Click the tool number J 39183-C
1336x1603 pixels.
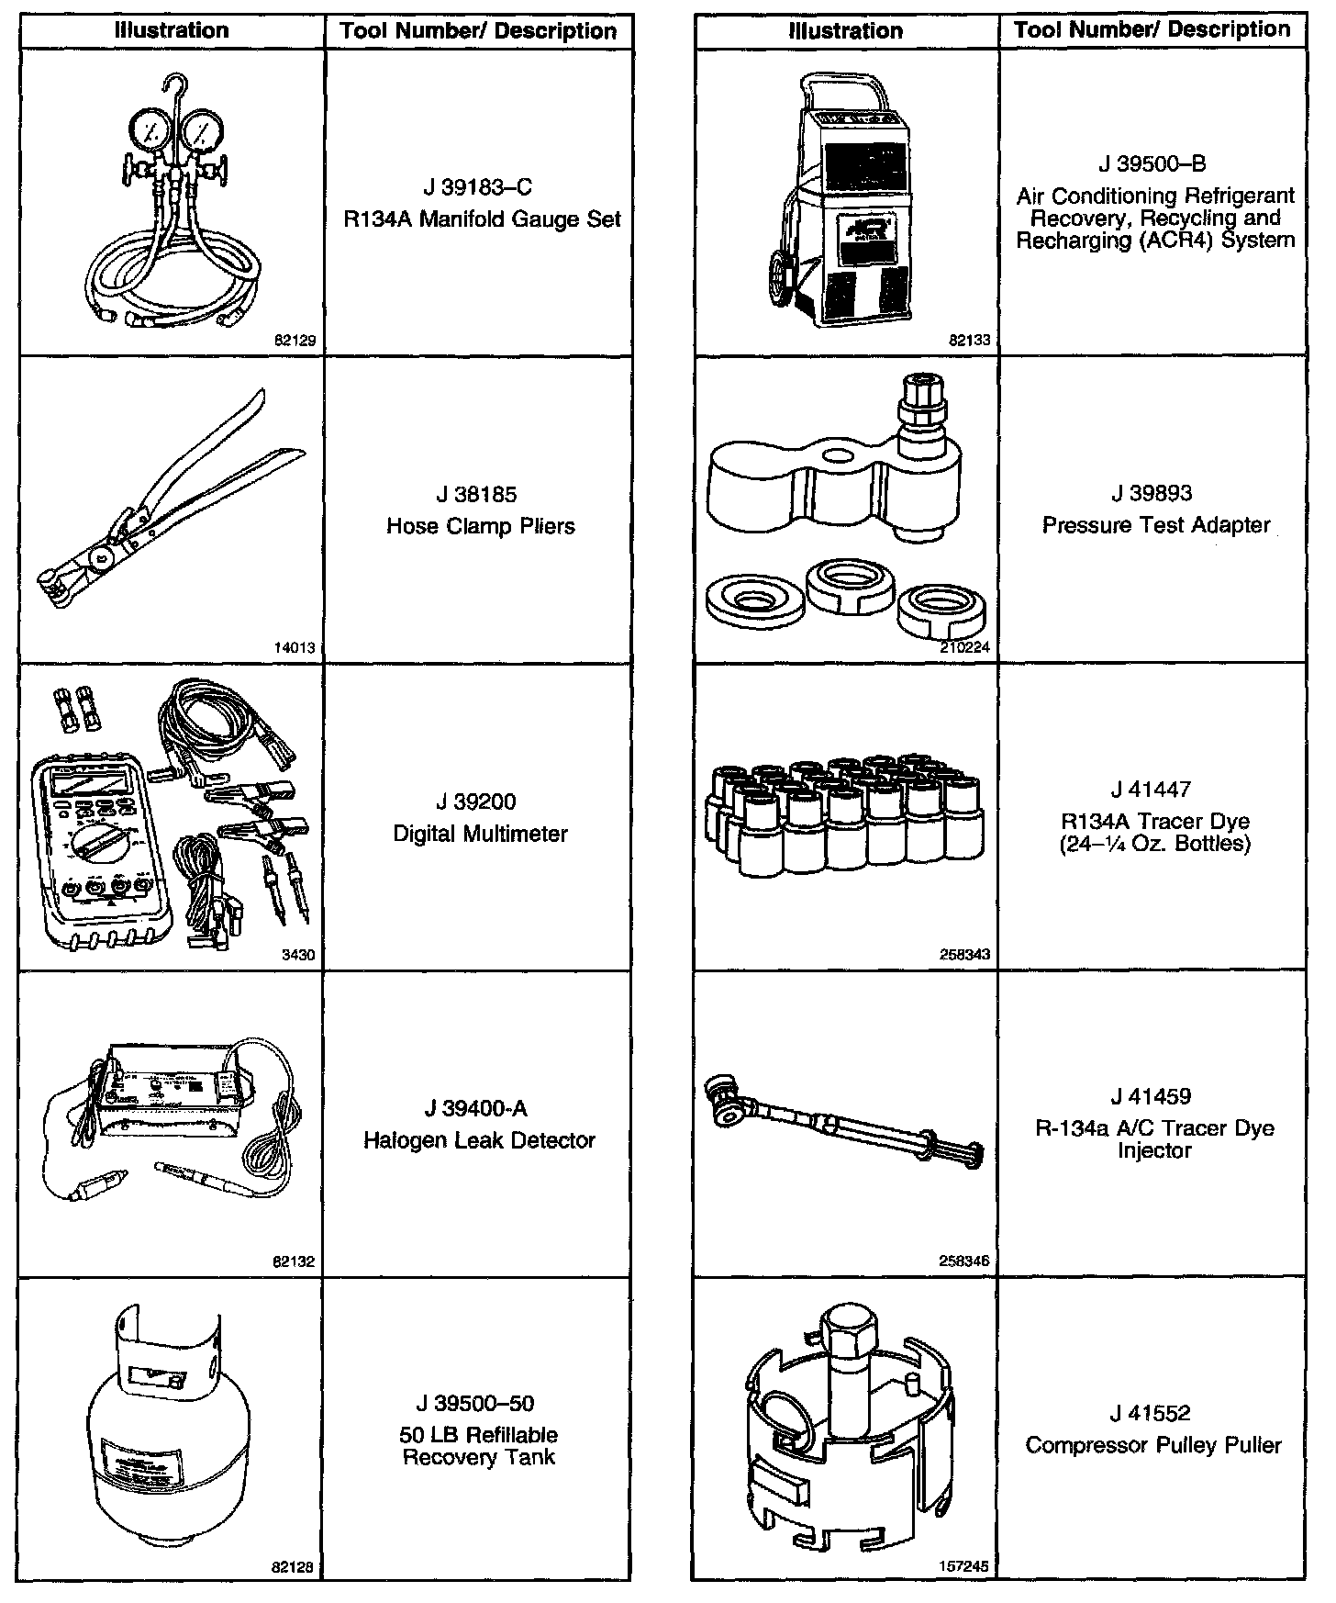coord(478,187)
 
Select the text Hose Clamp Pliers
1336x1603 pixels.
coord(480,527)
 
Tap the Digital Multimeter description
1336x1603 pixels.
coord(480,834)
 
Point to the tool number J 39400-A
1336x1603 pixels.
coord(478,1109)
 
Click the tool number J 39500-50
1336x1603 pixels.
coord(478,1404)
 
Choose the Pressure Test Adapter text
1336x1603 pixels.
coord(1156,526)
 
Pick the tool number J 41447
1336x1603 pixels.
coord(1153,790)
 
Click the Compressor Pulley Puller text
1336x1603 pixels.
coord(1153,1446)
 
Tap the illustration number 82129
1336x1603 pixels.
coord(295,341)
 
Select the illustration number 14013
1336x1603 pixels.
coord(295,647)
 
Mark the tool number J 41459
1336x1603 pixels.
coord(1153,1097)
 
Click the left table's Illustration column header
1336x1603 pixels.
coord(172,30)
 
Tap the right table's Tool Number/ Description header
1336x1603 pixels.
coord(1152,30)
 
